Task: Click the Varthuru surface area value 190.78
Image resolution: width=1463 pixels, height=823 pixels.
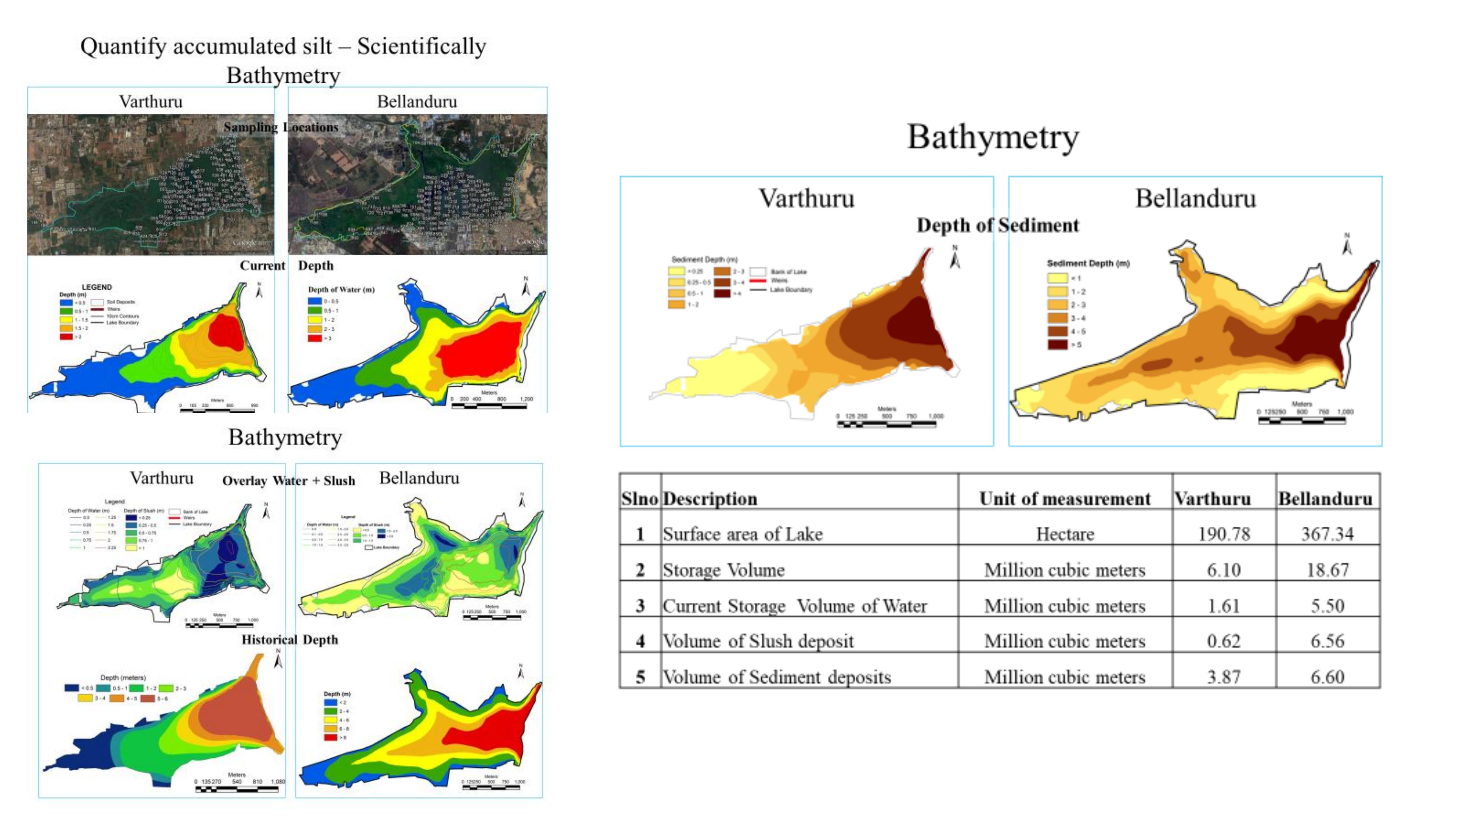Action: (x=1224, y=534)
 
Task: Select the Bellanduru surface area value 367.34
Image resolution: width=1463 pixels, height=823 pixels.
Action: (x=1327, y=534)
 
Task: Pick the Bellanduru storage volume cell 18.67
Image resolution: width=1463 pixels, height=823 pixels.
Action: (x=1327, y=570)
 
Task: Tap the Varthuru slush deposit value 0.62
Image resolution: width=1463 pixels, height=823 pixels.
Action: (x=1223, y=641)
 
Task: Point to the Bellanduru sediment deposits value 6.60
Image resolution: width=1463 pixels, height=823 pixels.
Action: (x=1327, y=677)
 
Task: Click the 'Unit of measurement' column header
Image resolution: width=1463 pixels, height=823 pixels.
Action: (x=1065, y=499)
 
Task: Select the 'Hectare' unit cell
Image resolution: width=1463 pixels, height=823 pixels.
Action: (x=1065, y=534)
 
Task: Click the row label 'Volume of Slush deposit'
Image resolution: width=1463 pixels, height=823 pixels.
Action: (x=758, y=641)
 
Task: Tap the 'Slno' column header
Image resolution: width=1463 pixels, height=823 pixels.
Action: (x=640, y=499)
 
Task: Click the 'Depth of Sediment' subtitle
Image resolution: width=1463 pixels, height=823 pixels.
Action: (x=997, y=225)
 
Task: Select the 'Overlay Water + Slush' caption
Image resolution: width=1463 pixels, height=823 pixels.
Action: (x=289, y=481)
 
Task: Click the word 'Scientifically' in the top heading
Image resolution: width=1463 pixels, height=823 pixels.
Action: (x=421, y=46)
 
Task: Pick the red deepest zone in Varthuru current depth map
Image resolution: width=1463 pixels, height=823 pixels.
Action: (x=226, y=332)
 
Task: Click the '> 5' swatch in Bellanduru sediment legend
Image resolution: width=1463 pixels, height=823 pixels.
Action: (x=1057, y=344)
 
